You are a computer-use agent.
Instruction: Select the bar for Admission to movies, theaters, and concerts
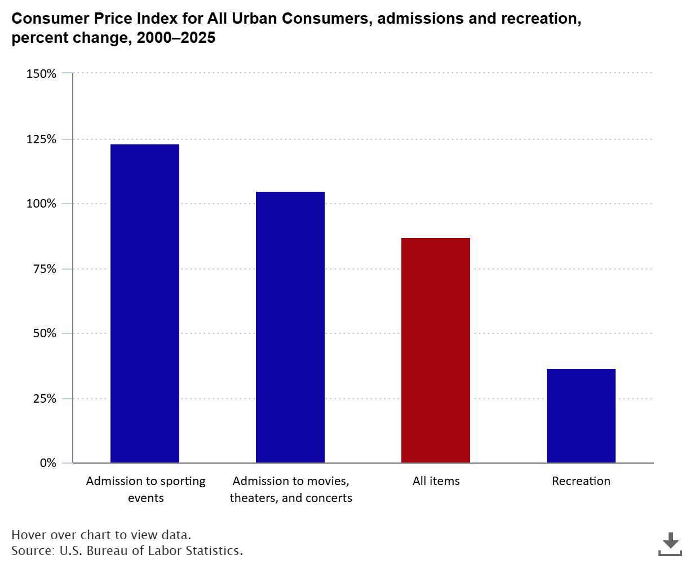pyautogui.click(x=290, y=327)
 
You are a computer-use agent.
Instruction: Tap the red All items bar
pyautogui.click(x=436, y=350)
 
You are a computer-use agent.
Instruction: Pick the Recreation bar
pyautogui.click(x=581, y=416)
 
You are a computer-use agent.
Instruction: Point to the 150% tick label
pyautogui.click(x=41, y=73)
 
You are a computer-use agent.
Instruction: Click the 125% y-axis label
pyautogui.click(x=41, y=139)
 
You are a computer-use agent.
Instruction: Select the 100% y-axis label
pyautogui.click(x=41, y=204)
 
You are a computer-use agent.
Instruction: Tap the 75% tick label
pyautogui.click(x=44, y=269)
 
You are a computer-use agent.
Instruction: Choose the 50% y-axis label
pyautogui.click(x=44, y=333)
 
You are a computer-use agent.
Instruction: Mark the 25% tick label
pyautogui.click(x=44, y=399)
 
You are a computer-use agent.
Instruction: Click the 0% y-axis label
pyautogui.click(x=48, y=463)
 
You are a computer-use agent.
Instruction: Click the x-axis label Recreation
pyautogui.click(x=581, y=481)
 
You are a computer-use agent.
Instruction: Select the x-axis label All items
pyautogui.click(x=436, y=481)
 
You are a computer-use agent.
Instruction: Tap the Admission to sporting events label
pyautogui.click(x=145, y=489)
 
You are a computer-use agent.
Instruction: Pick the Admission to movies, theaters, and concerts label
pyautogui.click(x=291, y=489)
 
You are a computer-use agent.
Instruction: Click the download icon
pyautogui.click(x=670, y=544)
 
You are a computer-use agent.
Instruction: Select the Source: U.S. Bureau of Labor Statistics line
pyautogui.click(x=127, y=550)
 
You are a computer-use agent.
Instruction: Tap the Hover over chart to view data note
pyautogui.click(x=101, y=535)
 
